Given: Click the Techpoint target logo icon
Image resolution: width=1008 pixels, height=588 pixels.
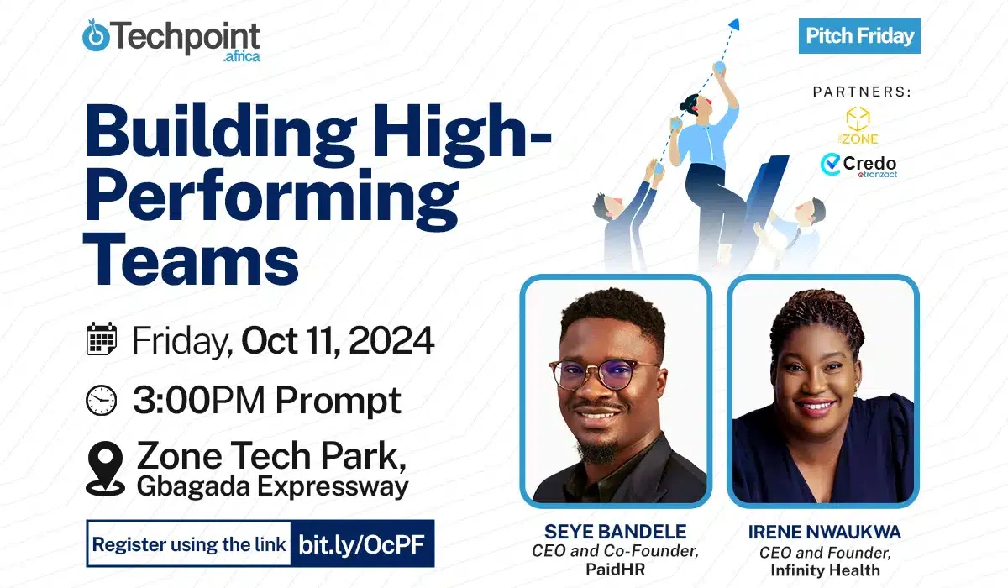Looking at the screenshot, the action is [96, 36].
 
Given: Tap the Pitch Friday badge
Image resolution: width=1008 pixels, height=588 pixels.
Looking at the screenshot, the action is [859, 36].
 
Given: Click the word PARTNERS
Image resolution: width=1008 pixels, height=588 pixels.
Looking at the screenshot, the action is [862, 92].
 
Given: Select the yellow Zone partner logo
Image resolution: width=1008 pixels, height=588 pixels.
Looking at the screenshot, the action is [858, 125].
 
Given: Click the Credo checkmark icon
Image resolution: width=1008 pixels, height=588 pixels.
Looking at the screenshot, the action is [830, 164].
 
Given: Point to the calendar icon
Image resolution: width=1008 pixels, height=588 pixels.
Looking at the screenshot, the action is [102, 339].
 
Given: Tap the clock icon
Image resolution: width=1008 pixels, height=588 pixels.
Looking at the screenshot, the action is [102, 400].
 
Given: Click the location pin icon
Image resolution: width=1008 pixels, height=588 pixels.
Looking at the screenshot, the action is [105, 469].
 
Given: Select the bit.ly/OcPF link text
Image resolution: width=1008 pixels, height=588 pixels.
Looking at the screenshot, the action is [362, 544].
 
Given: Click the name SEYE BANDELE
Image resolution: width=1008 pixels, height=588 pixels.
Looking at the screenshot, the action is [615, 532].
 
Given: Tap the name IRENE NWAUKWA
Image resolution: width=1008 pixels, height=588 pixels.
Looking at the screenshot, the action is [824, 532].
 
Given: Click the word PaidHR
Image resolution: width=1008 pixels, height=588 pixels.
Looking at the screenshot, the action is [615, 570].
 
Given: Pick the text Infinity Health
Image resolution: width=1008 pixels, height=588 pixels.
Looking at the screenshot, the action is [825, 570].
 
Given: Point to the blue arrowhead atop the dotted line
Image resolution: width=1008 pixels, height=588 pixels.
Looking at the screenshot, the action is [734, 24].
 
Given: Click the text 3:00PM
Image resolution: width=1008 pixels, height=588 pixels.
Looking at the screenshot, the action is [198, 400].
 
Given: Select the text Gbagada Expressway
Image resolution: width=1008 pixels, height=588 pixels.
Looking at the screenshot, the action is [273, 486].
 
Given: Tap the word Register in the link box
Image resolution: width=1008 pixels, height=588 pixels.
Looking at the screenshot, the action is [129, 545].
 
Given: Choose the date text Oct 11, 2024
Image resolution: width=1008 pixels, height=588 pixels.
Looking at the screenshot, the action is [338, 340].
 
